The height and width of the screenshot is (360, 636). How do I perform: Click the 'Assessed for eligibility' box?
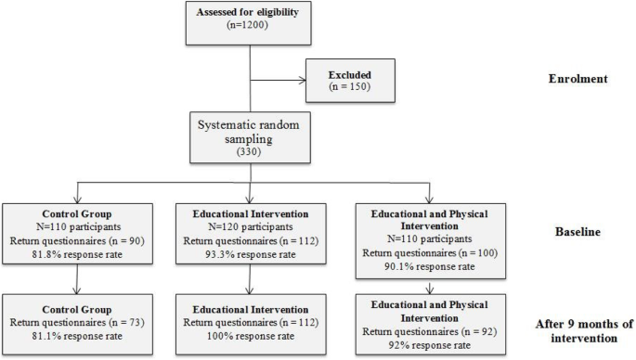(252, 22)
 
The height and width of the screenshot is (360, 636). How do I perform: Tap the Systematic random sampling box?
(252, 140)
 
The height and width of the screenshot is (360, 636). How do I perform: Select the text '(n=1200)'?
(252, 30)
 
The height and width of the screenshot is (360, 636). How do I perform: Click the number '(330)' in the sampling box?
(252, 157)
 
